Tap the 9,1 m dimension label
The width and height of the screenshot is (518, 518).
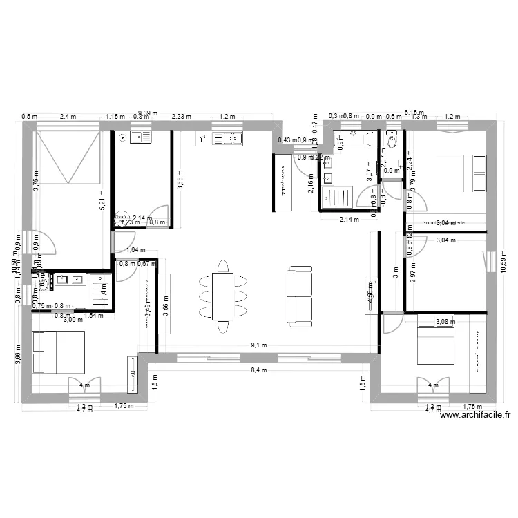pyautogui.click(x=259, y=345)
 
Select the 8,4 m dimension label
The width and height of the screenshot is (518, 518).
pyautogui.click(x=259, y=370)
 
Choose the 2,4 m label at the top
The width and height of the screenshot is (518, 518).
pyautogui.click(x=68, y=117)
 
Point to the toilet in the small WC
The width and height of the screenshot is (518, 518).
pyautogui.click(x=392, y=142)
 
